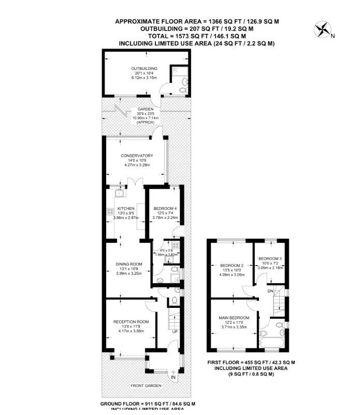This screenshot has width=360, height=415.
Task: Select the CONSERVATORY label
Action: pos(137,155)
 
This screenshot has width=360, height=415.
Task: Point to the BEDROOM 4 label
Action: pos(165,208)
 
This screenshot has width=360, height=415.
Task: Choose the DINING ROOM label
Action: pos(128,264)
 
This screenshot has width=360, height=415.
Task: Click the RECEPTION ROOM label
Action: pos(131,321)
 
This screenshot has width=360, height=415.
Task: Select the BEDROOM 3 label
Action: pos(270,258)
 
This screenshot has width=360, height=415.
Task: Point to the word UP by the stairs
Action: pos(175,332)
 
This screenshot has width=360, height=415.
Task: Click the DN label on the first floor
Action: pos(270,291)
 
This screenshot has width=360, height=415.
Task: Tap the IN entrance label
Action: pos(173,378)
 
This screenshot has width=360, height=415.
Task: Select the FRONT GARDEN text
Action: pos(146,386)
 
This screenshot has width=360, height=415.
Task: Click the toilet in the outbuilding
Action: pos(181,90)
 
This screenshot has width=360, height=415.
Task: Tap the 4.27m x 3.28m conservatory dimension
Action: pos(137,165)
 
